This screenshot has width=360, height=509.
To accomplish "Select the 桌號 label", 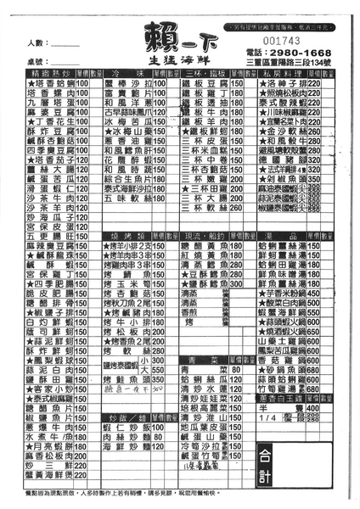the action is pyautogui.click(x=37, y=62).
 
